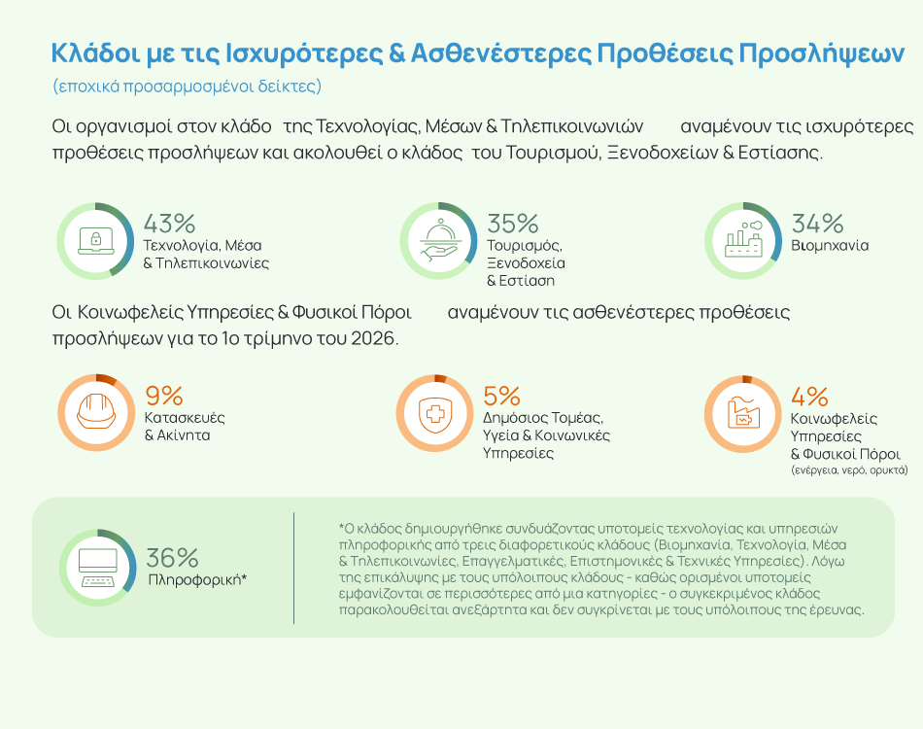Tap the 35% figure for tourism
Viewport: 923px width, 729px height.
pos(512,223)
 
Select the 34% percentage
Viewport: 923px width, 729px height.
pos(817,223)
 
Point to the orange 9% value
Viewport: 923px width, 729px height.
pos(164,396)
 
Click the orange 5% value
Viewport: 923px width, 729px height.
pos(501,396)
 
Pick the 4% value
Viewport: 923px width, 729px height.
pos(809,396)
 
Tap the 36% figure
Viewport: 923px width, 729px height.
pos(172,558)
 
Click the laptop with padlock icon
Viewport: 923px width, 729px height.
pos(95,240)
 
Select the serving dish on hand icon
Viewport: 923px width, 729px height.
pos(438,240)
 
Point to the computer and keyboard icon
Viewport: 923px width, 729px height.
pos(98,567)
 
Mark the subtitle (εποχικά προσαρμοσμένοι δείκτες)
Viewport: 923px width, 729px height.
pos(188,86)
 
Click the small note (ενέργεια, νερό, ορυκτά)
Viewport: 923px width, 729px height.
pos(849,469)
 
